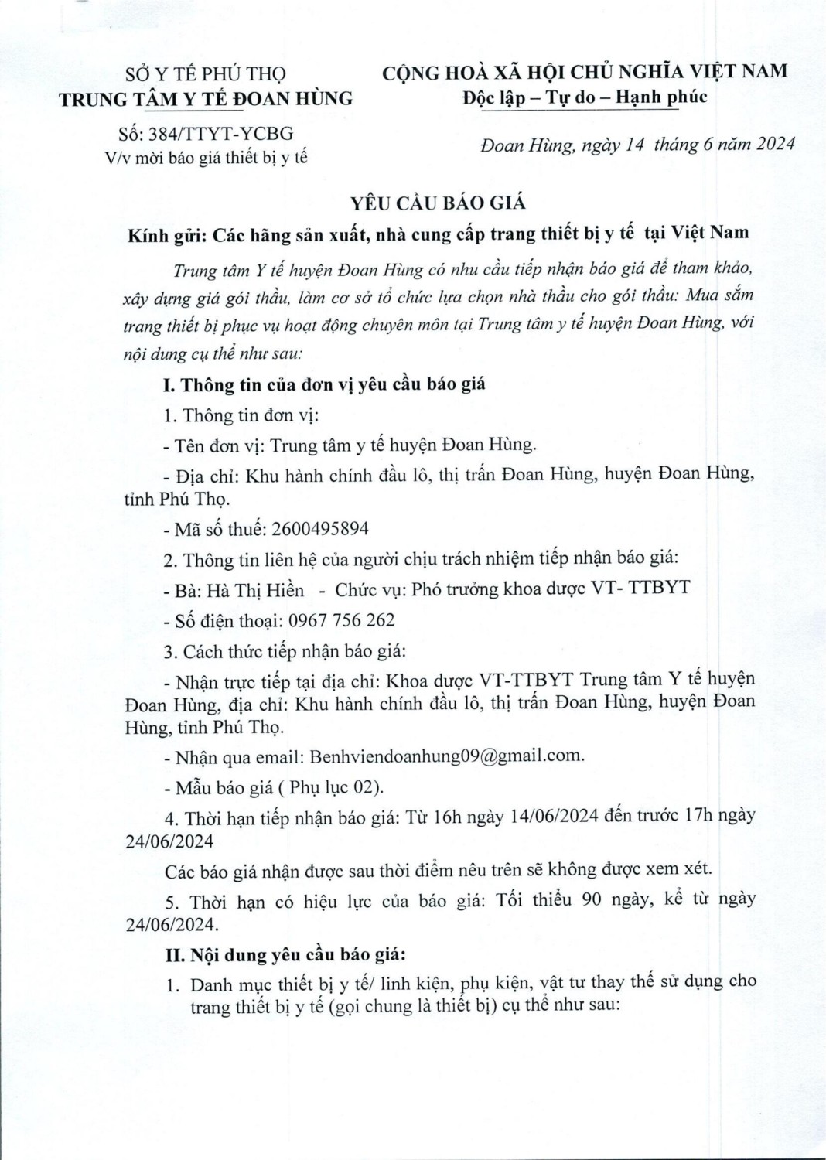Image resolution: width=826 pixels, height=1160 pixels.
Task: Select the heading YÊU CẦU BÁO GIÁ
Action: [x=438, y=203]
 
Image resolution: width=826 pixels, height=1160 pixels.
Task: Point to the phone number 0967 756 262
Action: [x=341, y=620]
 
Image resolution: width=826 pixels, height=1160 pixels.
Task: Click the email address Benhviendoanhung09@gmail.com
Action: [x=445, y=756]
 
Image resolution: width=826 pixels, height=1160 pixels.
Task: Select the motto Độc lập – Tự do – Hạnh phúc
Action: [x=585, y=97]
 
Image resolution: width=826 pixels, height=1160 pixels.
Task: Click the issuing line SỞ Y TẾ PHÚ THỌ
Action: [x=206, y=74]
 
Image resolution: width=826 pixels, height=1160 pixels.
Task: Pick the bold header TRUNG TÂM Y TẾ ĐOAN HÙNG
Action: [x=206, y=99]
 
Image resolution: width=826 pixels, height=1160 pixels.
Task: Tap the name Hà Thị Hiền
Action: [x=255, y=590]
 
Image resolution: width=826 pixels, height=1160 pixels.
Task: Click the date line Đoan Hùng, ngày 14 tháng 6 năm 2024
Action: [x=637, y=145]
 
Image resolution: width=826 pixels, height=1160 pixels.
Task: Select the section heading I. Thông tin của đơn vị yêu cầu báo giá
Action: [x=325, y=384]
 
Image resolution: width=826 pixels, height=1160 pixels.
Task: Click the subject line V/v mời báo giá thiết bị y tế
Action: [x=206, y=158]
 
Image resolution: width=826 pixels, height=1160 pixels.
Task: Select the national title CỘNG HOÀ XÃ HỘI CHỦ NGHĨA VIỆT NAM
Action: [x=585, y=72]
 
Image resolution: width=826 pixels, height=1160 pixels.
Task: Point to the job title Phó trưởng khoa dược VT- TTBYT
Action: [x=551, y=589]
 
